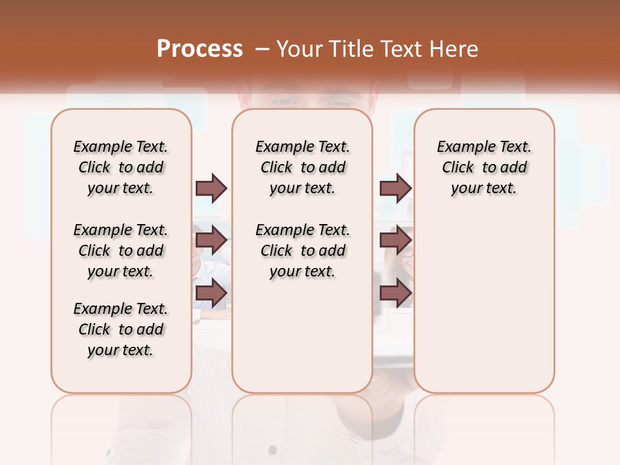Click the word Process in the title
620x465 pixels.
click(x=200, y=48)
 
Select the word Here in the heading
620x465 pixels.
click(x=455, y=48)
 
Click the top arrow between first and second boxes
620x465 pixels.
click(x=211, y=188)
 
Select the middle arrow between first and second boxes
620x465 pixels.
click(x=211, y=240)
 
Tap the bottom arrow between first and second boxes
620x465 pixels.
click(x=211, y=293)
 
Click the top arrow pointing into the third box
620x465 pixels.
click(x=395, y=188)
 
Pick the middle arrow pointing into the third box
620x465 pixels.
click(x=395, y=240)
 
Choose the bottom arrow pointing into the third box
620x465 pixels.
click(x=395, y=293)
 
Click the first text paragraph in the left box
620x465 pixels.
click(x=121, y=167)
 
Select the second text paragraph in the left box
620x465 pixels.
click(x=121, y=251)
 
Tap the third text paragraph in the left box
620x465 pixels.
click(x=121, y=329)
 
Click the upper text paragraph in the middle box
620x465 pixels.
click(x=303, y=167)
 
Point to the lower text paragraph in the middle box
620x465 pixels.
click(x=303, y=251)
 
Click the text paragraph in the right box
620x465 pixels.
click(x=484, y=167)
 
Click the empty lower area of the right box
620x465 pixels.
click(x=484, y=304)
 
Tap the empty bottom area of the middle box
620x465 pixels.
click(x=302, y=342)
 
